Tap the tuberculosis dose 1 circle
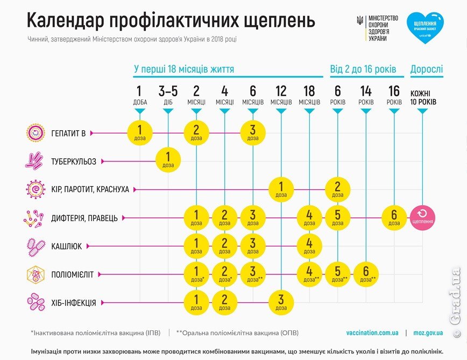coord(168,160)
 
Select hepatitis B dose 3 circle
coord(252,132)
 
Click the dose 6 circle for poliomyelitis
coord(366,274)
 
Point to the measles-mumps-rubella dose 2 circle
coord(337,189)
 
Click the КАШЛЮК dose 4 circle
coord(309,246)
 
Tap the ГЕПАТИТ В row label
coord(68,132)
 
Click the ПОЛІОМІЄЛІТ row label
coord(73,274)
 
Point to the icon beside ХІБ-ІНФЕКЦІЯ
coord(34,303)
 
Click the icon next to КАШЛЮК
coord(34,246)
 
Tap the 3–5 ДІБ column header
coord(168,95)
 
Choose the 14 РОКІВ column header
coord(366,95)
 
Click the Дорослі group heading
coord(427,69)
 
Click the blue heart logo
coord(425,27)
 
